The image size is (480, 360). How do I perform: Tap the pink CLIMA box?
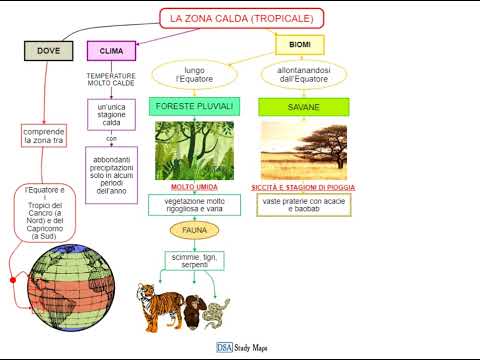[x=111, y=50]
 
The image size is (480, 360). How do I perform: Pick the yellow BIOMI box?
[x=299, y=44]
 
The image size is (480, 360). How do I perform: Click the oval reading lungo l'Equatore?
[x=194, y=75]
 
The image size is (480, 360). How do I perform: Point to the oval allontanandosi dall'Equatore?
[x=303, y=75]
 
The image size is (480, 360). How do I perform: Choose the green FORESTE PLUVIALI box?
[x=194, y=106]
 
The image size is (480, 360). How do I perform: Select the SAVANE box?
[x=303, y=106]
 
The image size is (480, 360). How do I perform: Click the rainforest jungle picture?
[x=194, y=151]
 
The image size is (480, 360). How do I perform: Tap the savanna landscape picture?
[x=303, y=151]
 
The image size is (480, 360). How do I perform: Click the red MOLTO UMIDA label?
[x=194, y=187]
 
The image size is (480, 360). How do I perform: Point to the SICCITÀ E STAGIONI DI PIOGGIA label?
[x=304, y=187]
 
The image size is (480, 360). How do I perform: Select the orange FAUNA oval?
[x=194, y=230]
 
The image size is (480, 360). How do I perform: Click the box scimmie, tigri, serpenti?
[x=194, y=260]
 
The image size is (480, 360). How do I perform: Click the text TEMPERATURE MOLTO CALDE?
[x=111, y=80]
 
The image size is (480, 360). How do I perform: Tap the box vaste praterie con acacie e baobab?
[x=303, y=204]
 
